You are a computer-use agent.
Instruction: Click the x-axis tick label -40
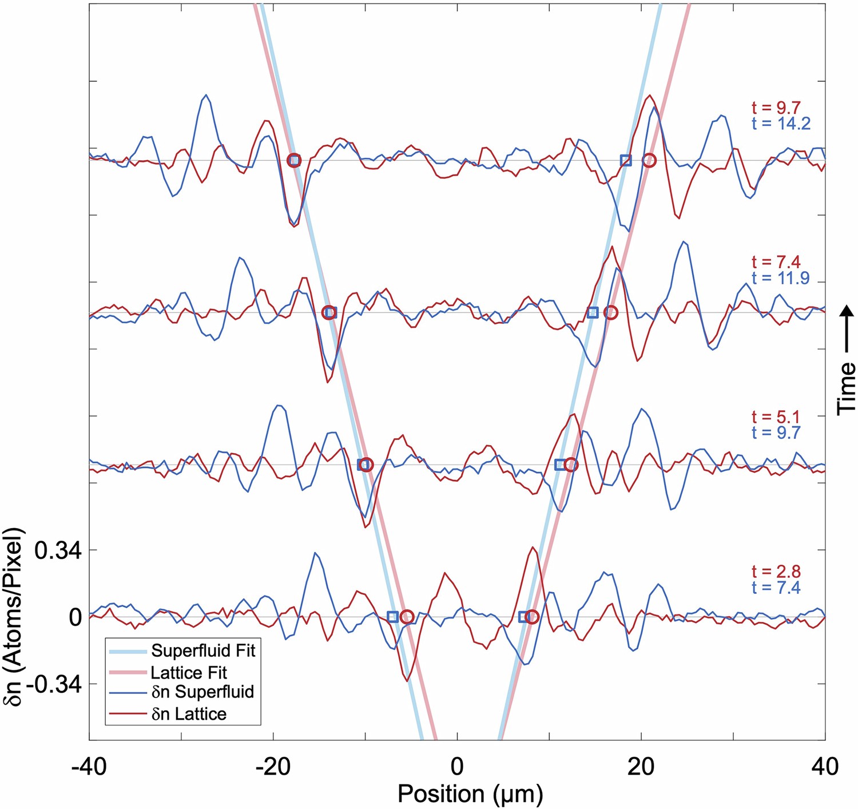89,766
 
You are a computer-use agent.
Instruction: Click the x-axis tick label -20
273,766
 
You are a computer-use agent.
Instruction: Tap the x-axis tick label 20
641,766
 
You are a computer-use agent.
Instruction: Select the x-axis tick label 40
824,766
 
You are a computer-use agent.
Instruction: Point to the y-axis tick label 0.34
58,550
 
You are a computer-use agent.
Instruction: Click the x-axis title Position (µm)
470,794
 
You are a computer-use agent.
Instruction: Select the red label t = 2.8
776,572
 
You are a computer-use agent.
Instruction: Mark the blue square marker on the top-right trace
626,160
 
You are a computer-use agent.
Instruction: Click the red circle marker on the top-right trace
649,160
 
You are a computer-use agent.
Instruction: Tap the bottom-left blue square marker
392,616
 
